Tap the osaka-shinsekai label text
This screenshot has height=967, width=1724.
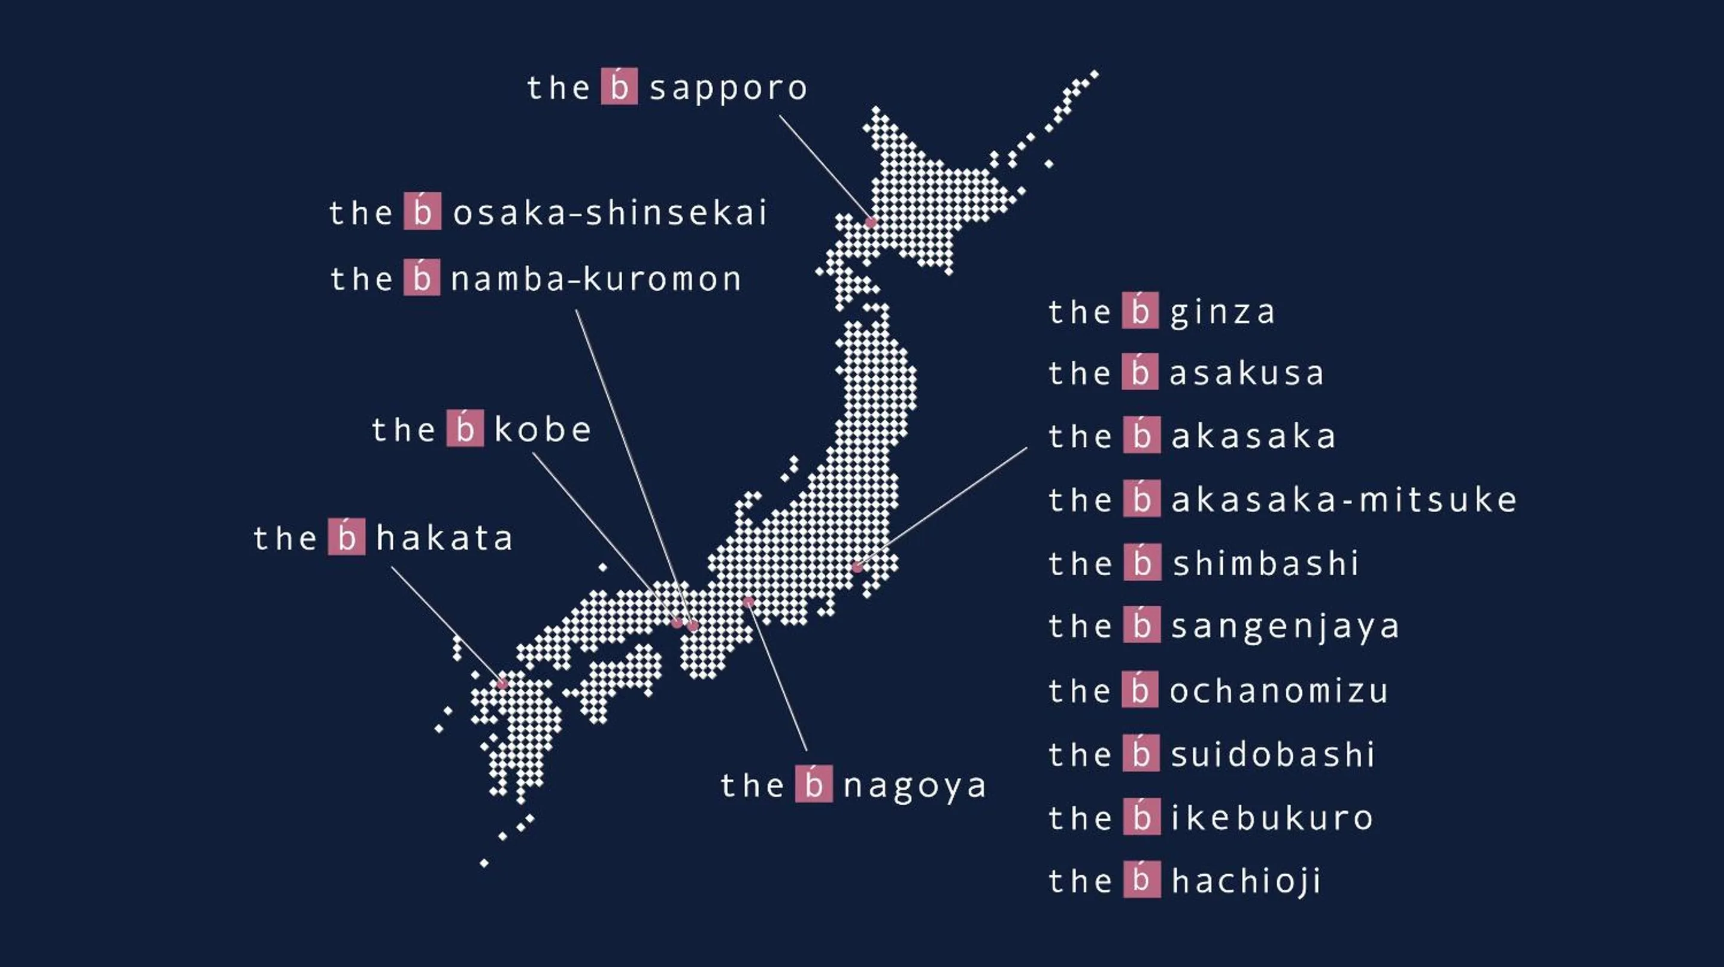pos(609,213)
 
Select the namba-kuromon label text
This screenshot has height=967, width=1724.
pos(596,279)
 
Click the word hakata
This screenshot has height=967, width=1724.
pos(444,539)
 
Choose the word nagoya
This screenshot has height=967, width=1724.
pos(914,785)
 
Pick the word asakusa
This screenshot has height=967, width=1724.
pos(1246,374)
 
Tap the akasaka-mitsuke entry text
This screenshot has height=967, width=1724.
pos(1343,500)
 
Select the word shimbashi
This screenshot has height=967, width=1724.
pos(1265,563)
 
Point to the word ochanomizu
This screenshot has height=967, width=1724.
pos(1278,691)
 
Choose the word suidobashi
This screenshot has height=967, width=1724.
pos(1272,755)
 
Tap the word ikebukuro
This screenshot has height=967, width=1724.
pos(1271,818)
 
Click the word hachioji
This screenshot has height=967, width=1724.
pos(1246,881)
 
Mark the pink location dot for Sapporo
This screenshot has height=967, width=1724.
pos(871,222)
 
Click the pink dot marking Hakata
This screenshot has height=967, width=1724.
pos(502,684)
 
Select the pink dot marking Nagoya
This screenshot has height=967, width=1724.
pos(749,602)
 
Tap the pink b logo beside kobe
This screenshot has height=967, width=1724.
pos(465,428)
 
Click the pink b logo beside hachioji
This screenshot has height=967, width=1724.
pos(1141,880)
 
